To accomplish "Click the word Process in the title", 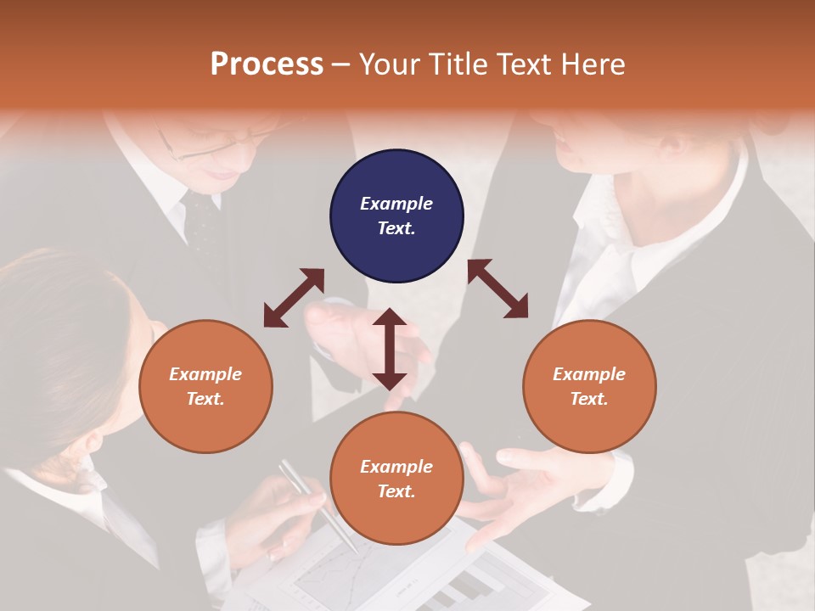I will (267, 64).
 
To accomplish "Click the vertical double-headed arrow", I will (390, 349).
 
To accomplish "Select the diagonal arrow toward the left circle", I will (294, 297).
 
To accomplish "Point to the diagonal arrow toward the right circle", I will (497, 289).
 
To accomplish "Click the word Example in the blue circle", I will (396, 204).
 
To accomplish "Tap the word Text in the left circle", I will (205, 399).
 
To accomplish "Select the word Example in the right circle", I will (589, 374).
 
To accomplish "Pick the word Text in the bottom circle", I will (396, 491).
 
